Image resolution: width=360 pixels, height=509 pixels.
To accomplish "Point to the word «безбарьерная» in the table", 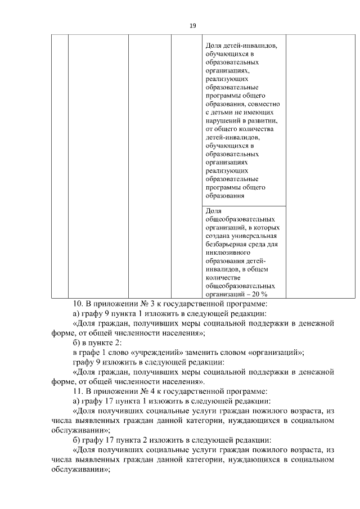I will tap(225, 245).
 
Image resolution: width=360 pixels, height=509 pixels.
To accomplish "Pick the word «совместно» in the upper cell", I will tap(265, 104).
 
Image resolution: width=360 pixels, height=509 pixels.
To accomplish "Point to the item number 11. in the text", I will tap(79, 391).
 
